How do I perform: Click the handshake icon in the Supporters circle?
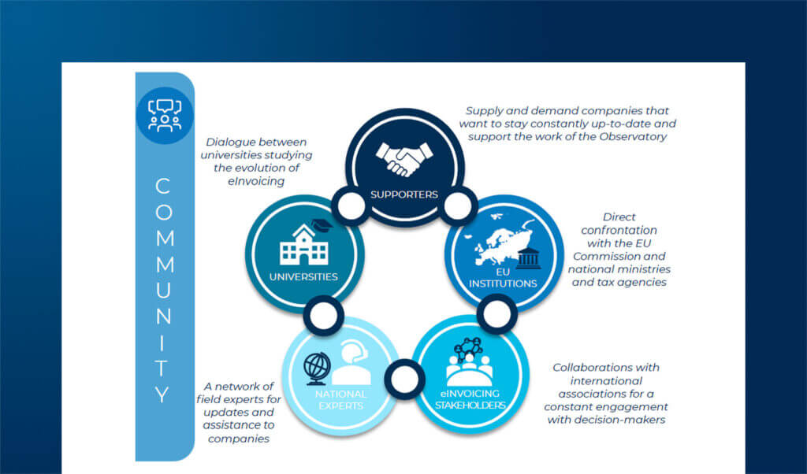pos(403,158)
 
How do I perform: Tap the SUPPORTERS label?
pos(403,194)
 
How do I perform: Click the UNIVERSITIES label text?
pos(303,277)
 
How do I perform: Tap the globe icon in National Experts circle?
pos(318,366)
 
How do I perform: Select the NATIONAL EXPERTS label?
pos(341,399)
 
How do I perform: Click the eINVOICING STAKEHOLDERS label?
pos(469,399)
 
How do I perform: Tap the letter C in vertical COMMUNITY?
pos(163,187)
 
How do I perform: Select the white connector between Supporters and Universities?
pos(351,206)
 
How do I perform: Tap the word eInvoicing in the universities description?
pos(252,181)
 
